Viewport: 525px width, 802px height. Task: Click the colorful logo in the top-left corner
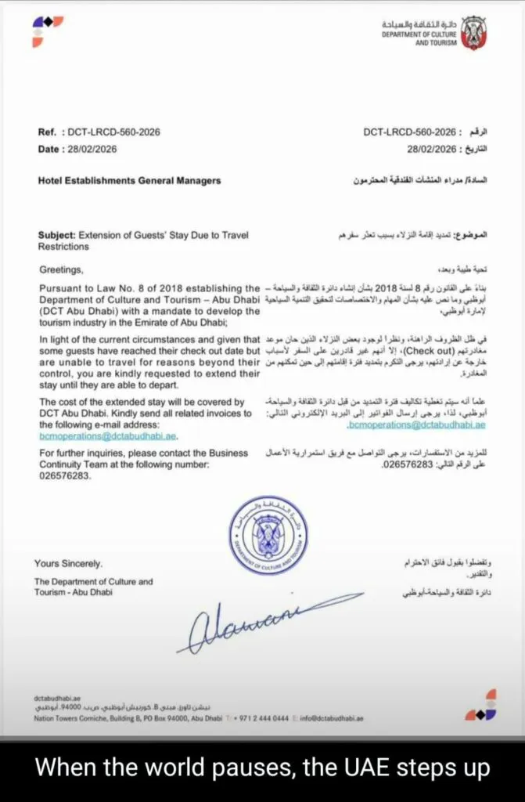coord(48,31)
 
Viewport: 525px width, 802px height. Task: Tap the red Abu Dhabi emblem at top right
coord(473,33)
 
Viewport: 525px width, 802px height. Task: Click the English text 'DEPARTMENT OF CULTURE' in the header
coord(414,34)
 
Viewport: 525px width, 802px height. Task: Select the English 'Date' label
coord(49,150)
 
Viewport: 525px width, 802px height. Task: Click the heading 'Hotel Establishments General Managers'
coord(129,181)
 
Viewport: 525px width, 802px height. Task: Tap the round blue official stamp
coord(268,534)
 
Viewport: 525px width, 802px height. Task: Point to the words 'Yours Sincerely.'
coord(68,563)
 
